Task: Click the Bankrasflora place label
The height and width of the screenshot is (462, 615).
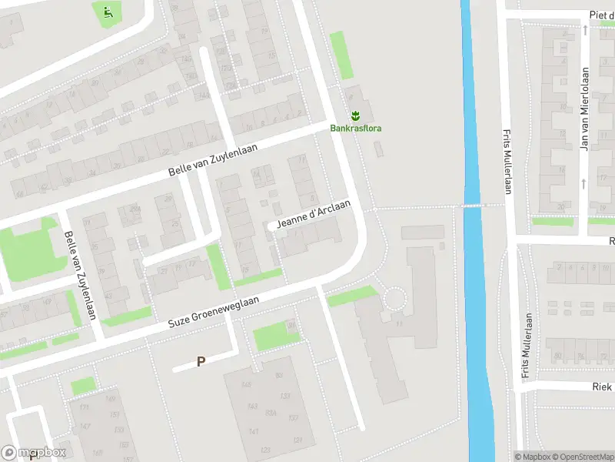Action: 356,129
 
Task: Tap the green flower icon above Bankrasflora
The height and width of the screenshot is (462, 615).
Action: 356,116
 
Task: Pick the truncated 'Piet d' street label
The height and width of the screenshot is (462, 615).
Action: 601,15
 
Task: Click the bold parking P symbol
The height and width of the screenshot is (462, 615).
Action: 201,360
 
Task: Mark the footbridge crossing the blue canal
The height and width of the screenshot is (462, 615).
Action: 470,206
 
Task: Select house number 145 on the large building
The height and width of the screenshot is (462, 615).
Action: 246,385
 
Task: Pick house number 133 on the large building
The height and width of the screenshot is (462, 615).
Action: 285,397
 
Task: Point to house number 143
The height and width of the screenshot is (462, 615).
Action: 252,407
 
